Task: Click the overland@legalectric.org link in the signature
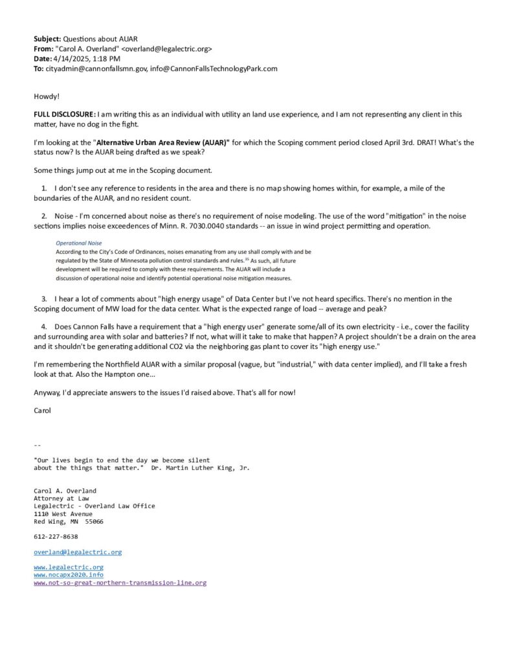78,552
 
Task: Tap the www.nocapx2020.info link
68,575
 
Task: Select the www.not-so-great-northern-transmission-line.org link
120,583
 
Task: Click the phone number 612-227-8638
56,537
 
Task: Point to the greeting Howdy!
47,96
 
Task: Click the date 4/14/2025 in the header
69,58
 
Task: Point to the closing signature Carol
43,410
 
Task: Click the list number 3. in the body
45,299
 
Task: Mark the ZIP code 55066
94,521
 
